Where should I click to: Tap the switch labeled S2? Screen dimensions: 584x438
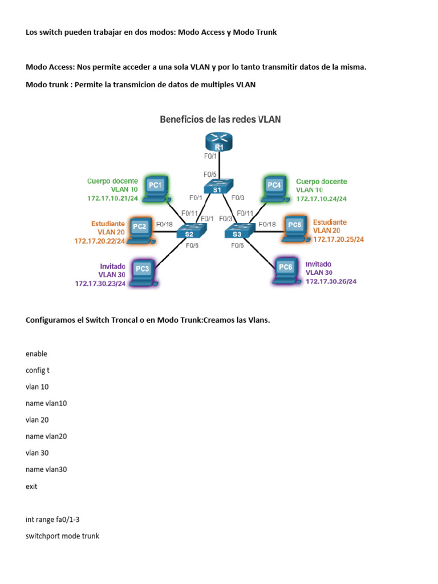point(189,232)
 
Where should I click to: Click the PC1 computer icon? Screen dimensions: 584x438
point(155,188)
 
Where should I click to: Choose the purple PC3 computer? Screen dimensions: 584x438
point(143,271)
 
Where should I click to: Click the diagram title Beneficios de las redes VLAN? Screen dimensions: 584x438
point(220,119)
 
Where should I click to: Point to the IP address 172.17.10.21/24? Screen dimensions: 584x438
point(113,198)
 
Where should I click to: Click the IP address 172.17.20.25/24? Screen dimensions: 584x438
point(338,240)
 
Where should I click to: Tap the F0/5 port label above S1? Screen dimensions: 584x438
point(210,174)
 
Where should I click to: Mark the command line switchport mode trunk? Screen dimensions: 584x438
point(62,536)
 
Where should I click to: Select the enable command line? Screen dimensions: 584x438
point(36,354)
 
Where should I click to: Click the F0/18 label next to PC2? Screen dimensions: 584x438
point(164,224)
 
